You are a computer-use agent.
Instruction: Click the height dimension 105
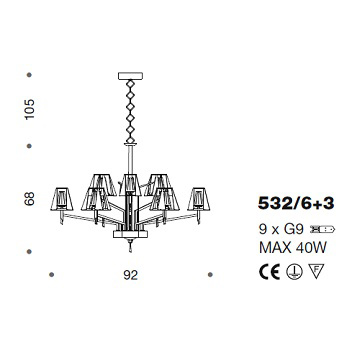[30, 109]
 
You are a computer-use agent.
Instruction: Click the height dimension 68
[30, 199]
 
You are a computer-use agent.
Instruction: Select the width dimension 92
[130, 275]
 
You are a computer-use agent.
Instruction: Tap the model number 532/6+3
[296, 204]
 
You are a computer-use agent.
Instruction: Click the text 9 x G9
[281, 229]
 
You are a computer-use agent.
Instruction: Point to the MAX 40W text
[293, 248]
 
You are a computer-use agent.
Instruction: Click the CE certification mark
[270, 272]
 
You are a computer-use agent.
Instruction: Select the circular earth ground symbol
[294, 272]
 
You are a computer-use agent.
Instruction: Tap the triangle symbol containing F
[316, 271]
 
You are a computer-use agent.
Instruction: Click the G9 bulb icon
[322, 229]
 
